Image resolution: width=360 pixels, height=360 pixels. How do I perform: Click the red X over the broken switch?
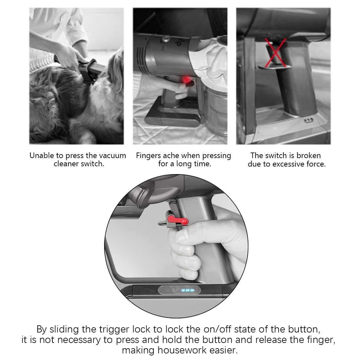(276, 53)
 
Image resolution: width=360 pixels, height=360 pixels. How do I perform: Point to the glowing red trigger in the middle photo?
(187, 80)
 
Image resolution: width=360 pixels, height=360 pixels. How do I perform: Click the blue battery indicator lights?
(188, 290)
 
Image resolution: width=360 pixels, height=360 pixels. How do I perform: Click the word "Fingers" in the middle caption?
(148, 156)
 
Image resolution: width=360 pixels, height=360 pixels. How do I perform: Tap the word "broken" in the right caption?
(309, 155)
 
